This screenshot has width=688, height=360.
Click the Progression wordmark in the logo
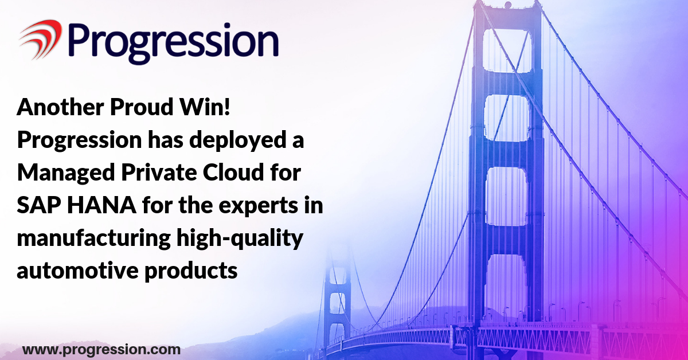pos(174,43)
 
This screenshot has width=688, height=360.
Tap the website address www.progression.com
pos(101,350)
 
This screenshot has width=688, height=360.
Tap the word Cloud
pos(233,172)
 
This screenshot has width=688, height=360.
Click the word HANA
pos(101,205)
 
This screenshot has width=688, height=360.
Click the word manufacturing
pos(93,239)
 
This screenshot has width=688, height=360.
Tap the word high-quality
pos(240,239)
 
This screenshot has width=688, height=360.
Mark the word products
pos(191,271)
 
